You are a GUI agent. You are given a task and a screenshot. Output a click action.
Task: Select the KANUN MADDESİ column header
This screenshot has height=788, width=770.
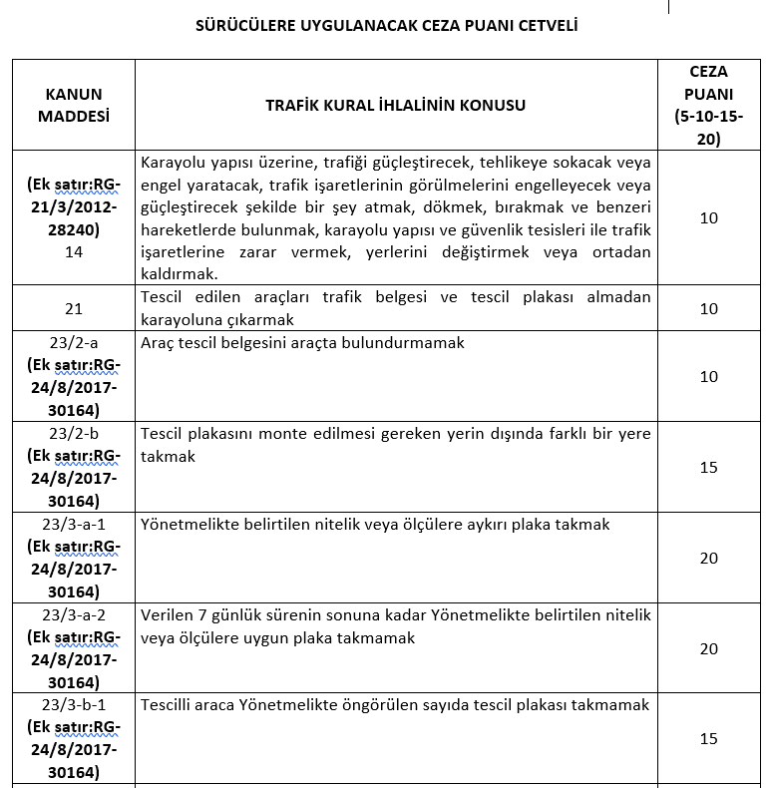click(74, 105)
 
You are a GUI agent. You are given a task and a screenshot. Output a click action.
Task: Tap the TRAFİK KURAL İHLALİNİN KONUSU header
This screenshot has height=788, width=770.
click(395, 105)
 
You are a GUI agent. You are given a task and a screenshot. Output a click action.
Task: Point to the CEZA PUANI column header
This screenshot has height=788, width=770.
click(708, 105)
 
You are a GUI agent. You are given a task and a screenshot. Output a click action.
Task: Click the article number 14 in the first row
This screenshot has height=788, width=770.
click(74, 252)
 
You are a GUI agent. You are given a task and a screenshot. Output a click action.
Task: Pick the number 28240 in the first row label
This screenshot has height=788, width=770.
click(74, 228)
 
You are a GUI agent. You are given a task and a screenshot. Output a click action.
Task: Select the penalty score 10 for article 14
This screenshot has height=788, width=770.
click(708, 217)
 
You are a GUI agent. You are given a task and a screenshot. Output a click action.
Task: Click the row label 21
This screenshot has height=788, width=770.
click(74, 309)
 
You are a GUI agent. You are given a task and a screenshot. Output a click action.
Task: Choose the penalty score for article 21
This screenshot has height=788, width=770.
click(708, 309)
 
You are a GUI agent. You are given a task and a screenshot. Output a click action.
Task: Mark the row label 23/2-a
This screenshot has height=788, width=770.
click(74, 342)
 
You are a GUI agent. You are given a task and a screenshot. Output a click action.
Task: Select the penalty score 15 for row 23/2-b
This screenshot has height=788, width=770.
click(708, 467)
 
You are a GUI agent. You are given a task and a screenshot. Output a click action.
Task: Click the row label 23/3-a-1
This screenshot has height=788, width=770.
click(74, 524)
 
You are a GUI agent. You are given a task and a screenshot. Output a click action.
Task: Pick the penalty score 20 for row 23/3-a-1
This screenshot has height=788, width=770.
click(708, 558)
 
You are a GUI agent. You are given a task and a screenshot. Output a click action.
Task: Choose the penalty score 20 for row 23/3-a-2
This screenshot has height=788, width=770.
click(708, 648)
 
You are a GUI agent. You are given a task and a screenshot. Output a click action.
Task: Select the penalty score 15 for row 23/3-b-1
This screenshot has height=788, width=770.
click(708, 739)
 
